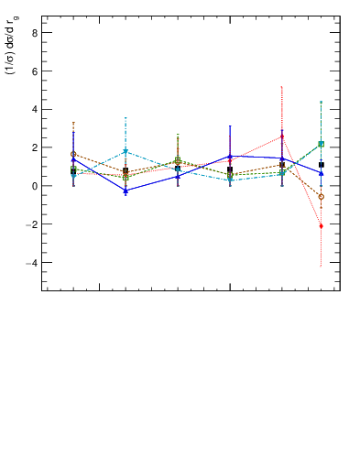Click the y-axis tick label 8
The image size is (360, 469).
(x=34, y=32)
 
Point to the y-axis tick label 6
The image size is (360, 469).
(x=34, y=71)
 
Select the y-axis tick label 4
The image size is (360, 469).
(x=34, y=109)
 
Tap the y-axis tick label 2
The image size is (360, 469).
(x=34, y=147)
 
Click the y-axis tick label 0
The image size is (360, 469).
(x=34, y=186)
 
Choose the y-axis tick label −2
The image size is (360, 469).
(x=32, y=224)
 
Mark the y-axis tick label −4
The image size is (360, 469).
(x=32, y=263)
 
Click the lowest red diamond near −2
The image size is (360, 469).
(x=321, y=225)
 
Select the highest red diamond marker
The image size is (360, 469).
(x=282, y=136)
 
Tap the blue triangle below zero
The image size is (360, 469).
(x=125, y=191)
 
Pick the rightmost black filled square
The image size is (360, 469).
(x=322, y=165)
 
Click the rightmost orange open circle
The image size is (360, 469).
(x=321, y=196)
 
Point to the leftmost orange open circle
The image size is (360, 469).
(x=73, y=154)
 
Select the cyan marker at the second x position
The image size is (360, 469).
(x=125, y=151)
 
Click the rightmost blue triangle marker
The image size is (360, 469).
(x=321, y=173)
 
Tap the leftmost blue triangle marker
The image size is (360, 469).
(x=73, y=160)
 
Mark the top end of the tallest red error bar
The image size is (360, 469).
(x=282, y=87)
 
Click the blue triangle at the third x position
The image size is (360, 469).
(x=178, y=177)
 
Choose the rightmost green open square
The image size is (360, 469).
(x=321, y=144)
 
